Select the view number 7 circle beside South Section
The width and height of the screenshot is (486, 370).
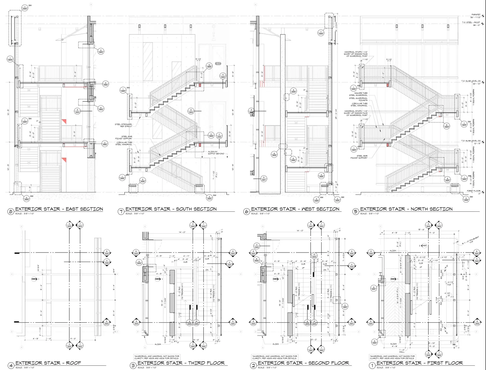click(x=121, y=211)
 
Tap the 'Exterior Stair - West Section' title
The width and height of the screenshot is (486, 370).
click(x=295, y=209)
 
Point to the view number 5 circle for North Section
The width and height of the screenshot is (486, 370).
click(x=355, y=211)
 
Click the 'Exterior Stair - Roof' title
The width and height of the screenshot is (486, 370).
click(x=48, y=363)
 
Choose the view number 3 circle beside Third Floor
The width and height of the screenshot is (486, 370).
click(x=132, y=365)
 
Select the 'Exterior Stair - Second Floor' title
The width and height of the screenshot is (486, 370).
click(x=303, y=363)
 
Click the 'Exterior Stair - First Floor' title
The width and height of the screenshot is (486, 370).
click(x=419, y=363)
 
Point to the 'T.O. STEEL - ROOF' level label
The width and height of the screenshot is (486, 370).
click(x=471, y=22)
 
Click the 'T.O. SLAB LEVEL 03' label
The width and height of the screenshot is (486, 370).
click(x=469, y=81)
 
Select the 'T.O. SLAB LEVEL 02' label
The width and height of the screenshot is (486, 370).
click(x=469, y=141)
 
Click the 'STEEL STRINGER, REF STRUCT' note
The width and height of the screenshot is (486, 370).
click(x=123, y=125)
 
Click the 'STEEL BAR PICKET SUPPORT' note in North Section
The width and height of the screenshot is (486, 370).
click(x=358, y=157)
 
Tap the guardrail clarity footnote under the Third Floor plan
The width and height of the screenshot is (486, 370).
click(x=156, y=358)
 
